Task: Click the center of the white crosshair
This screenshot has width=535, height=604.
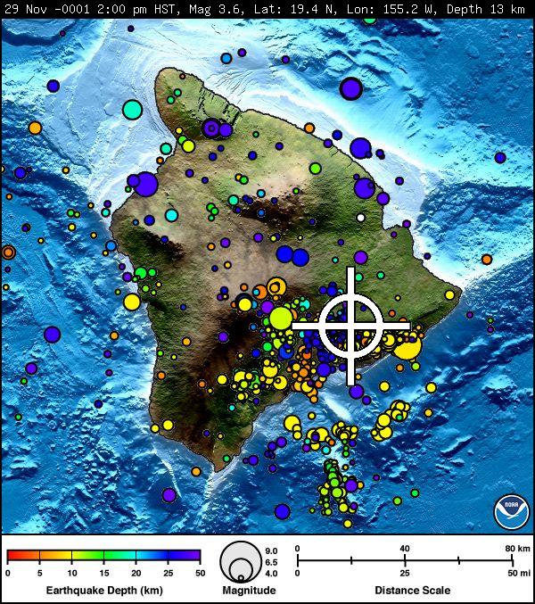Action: point(351,326)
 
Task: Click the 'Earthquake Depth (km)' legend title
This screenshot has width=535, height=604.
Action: point(103,591)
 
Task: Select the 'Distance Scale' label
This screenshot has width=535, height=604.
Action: point(412,591)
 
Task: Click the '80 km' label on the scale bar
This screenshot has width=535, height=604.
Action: point(518,548)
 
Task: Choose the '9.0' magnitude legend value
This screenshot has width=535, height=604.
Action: point(272,550)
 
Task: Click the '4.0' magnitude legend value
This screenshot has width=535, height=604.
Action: point(272,573)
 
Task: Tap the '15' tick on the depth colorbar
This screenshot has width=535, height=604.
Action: point(103,573)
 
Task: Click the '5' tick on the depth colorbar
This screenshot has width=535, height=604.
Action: point(40,573)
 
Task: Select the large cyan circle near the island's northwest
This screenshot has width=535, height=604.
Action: point(132,110)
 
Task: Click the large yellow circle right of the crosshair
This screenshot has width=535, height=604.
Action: point(407,346)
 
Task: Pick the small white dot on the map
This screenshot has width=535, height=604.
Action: point(360,217)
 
